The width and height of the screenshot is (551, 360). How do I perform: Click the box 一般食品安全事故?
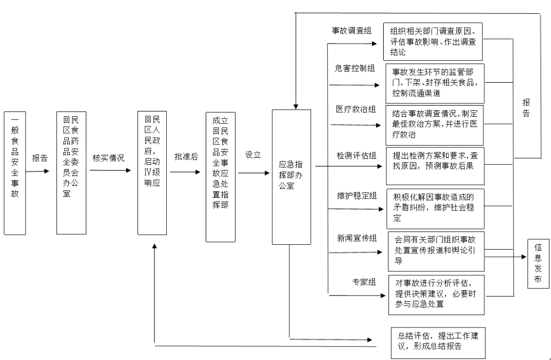click(14, 173)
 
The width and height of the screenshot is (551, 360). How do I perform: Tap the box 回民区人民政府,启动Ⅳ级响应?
click(152, 173)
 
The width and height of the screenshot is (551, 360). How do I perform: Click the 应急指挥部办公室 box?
click(291, 177)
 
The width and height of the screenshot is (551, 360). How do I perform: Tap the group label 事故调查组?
click(352, 31)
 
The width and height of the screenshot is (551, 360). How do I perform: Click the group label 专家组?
click(364, 282)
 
